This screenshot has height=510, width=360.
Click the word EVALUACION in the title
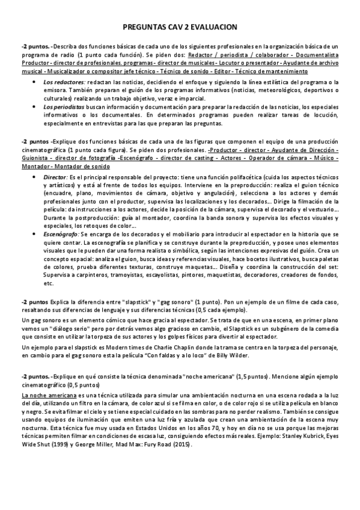click(x=213, y=27)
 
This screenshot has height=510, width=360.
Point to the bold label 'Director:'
click(x=56, y=178)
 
